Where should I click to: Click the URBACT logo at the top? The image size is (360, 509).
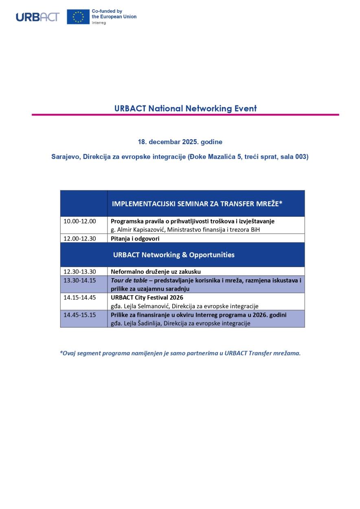[x=37, y=17]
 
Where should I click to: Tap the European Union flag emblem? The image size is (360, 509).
[x=78, y=17]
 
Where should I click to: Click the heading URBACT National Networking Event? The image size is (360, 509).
[x=185, y=109]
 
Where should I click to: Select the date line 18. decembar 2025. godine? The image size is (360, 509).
[x=180, y=142]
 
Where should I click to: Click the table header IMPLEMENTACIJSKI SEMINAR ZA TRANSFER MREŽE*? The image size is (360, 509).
[x=197, y=204]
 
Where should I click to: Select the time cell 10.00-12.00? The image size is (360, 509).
[x=80, y=221]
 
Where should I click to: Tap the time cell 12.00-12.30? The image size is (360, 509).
[x=80, y=239]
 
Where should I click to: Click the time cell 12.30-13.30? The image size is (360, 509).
[x=80, y=271]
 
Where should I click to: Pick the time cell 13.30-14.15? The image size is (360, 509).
[x=80, y=280]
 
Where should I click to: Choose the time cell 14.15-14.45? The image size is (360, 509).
[x=80, y=297]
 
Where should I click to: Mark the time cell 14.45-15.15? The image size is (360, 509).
[x=80, y=315]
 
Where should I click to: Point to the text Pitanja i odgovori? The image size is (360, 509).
[x=135, y=239]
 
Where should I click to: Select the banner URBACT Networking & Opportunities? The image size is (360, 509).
[x=174, y=255]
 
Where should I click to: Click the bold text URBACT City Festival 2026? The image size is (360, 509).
[x=147, y=297]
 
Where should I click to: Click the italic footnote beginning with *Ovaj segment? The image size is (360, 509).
[x=180, y=353]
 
